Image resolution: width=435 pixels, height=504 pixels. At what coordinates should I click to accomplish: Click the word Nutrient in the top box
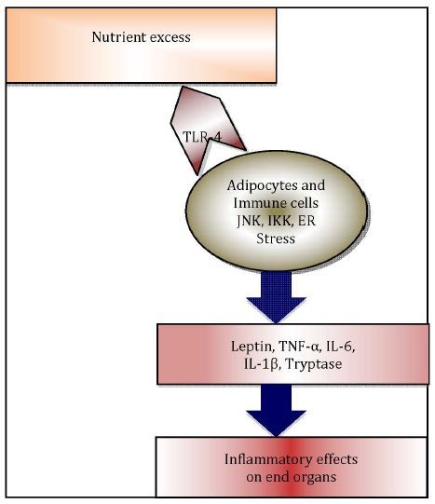(x=119, y=37)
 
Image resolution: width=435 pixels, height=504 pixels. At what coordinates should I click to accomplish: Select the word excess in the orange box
(x=170, y=37)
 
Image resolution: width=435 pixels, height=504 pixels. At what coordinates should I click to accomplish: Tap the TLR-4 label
(x=202, y=137)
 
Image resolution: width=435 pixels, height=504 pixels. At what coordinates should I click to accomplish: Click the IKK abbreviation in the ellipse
(x=279, y=221)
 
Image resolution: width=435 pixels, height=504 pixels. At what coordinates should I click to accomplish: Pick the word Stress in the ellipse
(x=276, y=238)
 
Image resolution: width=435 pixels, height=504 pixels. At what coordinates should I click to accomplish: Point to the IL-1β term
(x=261, y=364)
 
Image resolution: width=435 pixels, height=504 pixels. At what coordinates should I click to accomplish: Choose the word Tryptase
(x=314, y=365)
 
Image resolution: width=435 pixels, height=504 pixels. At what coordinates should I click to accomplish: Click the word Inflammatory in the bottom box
(x=268, y=459)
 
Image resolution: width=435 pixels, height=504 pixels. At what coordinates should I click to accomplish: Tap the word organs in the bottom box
(x=313, y=477)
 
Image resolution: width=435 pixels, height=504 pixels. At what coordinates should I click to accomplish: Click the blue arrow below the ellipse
(x=276, y=296)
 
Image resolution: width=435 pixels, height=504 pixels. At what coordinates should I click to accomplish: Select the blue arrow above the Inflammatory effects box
(x=276, y=410)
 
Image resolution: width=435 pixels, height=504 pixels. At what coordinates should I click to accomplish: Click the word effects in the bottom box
(x=337, y=459)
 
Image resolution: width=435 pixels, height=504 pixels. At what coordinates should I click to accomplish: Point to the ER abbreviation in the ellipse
(x=306, y=221)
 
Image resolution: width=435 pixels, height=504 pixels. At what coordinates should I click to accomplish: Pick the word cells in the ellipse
(x=302, y=203)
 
